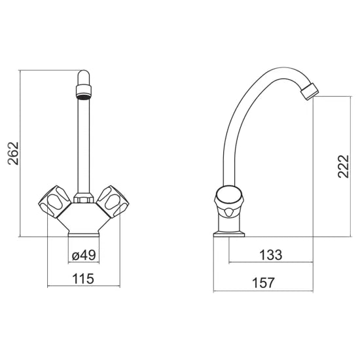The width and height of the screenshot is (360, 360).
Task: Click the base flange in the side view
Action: coord(232,230)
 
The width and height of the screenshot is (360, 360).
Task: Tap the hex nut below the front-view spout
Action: coord(84,196)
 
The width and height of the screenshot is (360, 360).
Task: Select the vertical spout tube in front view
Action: coord(84,144)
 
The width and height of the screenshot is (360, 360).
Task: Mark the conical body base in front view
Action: coord(84,223)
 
